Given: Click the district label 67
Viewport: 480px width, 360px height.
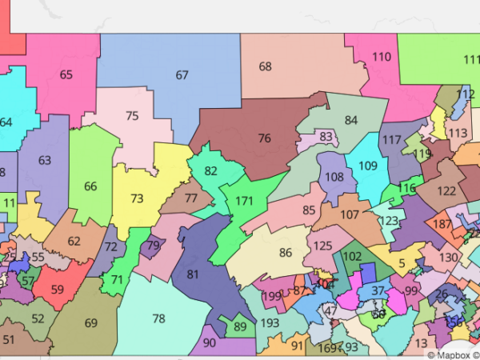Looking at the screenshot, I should tap(182, 74).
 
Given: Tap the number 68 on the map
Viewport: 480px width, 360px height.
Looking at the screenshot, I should tap(265, 66).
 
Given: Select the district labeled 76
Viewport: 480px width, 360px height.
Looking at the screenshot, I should tap(264, 138).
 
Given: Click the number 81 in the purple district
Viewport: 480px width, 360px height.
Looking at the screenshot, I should tap(192, 274).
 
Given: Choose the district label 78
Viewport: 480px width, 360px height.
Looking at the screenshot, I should tap(158, 318).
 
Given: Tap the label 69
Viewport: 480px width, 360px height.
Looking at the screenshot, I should tap(90, 322).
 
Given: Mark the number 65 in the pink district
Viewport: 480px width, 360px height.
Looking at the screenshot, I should tap(66, 74).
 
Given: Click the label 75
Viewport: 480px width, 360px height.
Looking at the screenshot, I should tap(132, 115).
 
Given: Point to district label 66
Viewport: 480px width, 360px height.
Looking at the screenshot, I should tap(90, 186).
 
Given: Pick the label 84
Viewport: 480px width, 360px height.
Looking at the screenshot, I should tap(350, 120).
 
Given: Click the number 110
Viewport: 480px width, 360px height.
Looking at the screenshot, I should tap(382, 57).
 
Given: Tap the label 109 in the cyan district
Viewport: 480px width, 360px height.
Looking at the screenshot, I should tap(367, 166).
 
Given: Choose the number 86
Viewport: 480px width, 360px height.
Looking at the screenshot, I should tap(286, 253).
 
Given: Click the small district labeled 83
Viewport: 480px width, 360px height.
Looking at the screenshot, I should tap(325, 137).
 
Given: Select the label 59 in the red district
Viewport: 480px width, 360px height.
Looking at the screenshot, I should tap(58, 290).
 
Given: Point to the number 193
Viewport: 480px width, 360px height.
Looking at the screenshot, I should tap(270, 322).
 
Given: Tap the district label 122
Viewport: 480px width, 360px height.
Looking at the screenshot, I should tap(446, 190).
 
